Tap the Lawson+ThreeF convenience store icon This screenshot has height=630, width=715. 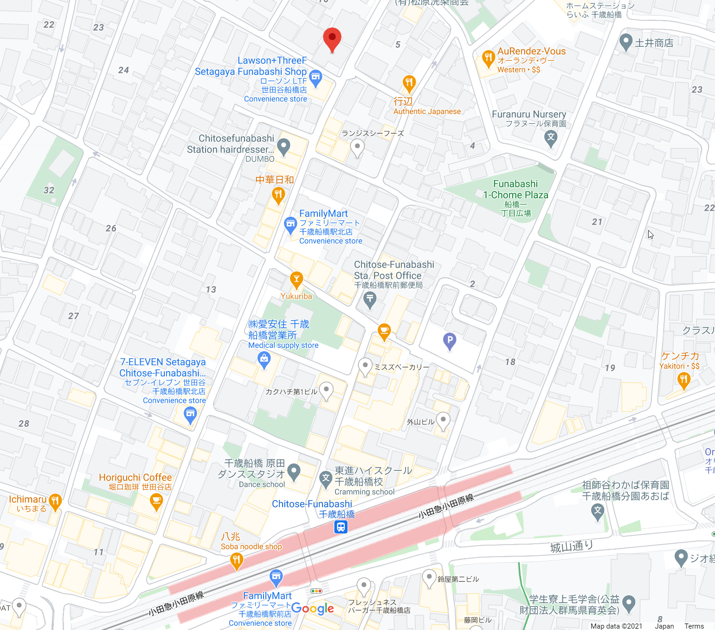316,77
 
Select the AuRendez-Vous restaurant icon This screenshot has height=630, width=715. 488,58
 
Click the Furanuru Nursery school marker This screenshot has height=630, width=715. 551,137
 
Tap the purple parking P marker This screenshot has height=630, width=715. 449,341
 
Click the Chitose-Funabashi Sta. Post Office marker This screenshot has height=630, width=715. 370,300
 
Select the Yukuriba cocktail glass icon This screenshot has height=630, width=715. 296,279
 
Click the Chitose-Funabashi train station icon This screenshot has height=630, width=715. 341,527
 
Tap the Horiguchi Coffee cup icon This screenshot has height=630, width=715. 156,501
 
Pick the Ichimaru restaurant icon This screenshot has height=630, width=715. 55,501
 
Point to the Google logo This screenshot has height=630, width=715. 312,608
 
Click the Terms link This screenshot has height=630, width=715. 694,626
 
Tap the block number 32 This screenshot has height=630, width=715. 49,190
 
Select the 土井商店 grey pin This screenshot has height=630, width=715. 625,42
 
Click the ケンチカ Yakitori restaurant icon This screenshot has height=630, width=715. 683,380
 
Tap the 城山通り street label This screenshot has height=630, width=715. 572,546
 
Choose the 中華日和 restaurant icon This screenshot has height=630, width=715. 278,195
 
